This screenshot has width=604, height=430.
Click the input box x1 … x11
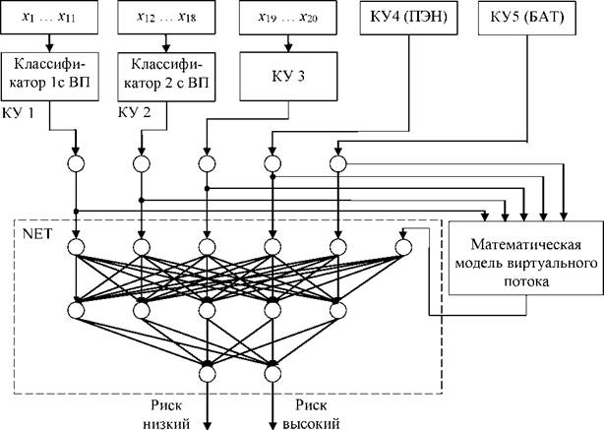click(x=49, y=18)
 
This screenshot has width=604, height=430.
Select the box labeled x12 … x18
click(x=166, y=18)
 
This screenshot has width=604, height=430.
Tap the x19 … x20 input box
click(x=288, y=18)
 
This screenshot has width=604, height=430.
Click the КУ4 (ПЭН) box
click(x=408, y=18)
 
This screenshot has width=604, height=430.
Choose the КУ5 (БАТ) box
click(x=527, y=18)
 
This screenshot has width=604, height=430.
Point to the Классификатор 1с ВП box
click(x=49, y=77)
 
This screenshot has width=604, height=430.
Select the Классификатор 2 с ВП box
click(x=166, y=77)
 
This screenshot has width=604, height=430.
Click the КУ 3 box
click(x=288, y=77)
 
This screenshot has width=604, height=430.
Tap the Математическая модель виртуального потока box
click(x=526, y=258)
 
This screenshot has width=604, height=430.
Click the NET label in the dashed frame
click(x=36, y=234)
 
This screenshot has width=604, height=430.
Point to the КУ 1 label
click(x=18, y=113)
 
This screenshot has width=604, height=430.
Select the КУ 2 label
click(x=134, y=112)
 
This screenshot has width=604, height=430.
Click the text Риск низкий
click(x=166, y=414)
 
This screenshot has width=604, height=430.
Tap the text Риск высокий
click(x=311, y=414)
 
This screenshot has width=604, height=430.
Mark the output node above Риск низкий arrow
click(x=208, y=373)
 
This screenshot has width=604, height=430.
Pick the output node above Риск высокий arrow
click(x=272, y=373)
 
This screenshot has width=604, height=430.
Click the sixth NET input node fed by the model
click(x=403, y=247)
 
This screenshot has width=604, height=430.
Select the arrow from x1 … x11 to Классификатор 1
click(x=49, y=43)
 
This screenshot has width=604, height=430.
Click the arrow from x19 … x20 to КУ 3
click(x=288, y=43)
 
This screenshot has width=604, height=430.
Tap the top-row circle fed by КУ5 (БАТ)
click(x=337, y=164)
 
